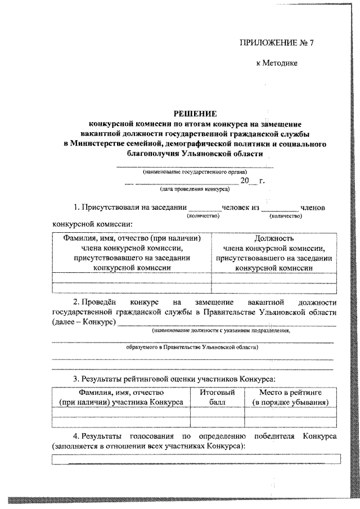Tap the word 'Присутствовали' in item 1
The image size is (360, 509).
(x=109, y=208)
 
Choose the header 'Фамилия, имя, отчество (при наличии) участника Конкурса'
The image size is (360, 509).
(x=120, y=397)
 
